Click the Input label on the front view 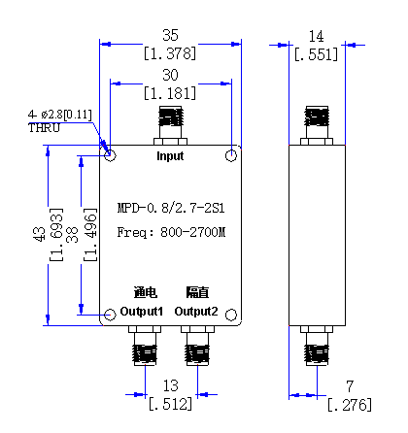click(170, 156)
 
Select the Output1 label click(141, 312)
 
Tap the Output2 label click(196, 312)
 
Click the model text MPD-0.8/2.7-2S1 click(171, 208)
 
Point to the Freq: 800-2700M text click(171, 232)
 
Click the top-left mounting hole click(110, 155)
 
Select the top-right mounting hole click(231, 155)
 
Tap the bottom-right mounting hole click(231, 315)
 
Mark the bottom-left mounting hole click(110, 315)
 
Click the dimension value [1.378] click(170, 53)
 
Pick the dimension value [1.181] click(170, 93)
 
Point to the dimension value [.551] click(316, 54)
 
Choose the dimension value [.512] click(170, 404)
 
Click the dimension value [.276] click(350, 405)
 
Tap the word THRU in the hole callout click(44, 128)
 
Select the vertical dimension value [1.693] click(56, 235)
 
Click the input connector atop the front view click(170, 125)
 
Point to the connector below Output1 click(145, 346)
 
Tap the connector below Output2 click(197, 346)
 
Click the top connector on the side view click(317, 125)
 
